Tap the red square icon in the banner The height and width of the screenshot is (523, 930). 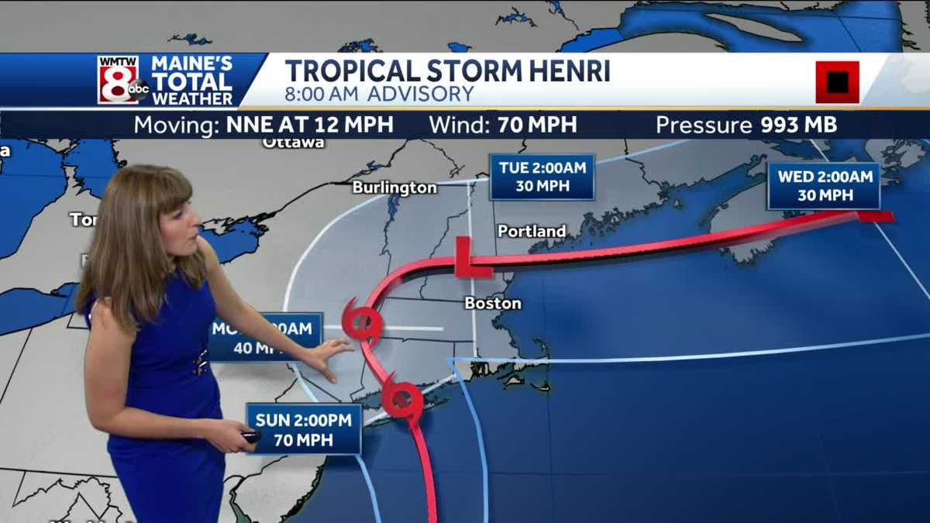837,81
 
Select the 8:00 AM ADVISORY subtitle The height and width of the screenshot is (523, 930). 379,95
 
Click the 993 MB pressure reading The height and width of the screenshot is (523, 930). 797,125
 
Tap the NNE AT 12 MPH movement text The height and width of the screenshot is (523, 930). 310,125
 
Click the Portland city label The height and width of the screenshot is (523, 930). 532,231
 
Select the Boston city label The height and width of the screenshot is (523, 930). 493,303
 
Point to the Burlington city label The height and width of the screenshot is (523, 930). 394,188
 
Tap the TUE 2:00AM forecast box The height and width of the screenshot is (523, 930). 542,177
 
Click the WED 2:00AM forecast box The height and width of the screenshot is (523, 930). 824,186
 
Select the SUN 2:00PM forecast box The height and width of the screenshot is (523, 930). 304,429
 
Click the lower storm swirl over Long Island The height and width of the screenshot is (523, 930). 403,399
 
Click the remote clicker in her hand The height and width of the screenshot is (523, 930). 250,436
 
